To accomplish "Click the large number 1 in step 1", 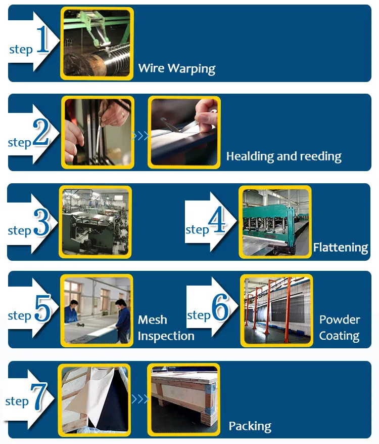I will (42, 41).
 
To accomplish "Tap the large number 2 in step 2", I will (41, 134).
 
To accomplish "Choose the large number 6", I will (220, 309).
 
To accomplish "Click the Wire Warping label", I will (177, 68).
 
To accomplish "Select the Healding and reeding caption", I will (283, 156).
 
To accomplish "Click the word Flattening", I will (340, 248).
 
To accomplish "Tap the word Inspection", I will (166, 336).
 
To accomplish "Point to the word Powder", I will (340, 320).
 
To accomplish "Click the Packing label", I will (250, 426).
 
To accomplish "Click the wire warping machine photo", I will (97, 43).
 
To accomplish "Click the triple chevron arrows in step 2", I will (140, 136).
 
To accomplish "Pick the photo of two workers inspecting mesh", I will (97, 310).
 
